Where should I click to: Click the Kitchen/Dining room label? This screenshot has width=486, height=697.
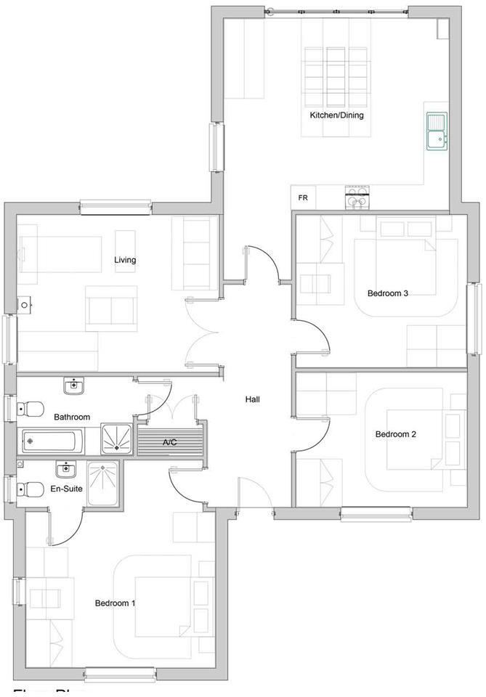[x=336, y=115]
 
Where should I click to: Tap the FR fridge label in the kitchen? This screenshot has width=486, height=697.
[x=302, y=197]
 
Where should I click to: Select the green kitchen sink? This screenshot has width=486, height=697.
[x=437, y=131]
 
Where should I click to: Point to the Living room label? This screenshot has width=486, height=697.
[x=125, y=260]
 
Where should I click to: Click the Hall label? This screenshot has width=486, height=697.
[x=252, y=399]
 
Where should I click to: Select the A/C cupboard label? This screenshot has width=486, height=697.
[x=169, y=442]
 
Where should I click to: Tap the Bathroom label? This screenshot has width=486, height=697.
[x=72, y=417]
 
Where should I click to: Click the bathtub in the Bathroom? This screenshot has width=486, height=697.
[x=51, y=440]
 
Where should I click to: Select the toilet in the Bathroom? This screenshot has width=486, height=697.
[x=30, y=409]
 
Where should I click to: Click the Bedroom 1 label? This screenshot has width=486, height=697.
[x=116, y=603]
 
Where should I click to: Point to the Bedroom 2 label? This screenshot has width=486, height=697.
[x=395, y=434]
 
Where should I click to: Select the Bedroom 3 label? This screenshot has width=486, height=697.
[x=387, y=293]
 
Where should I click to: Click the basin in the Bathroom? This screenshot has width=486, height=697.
[x=74, y=386]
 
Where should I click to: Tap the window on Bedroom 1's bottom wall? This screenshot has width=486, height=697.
[x=120, y=674]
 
